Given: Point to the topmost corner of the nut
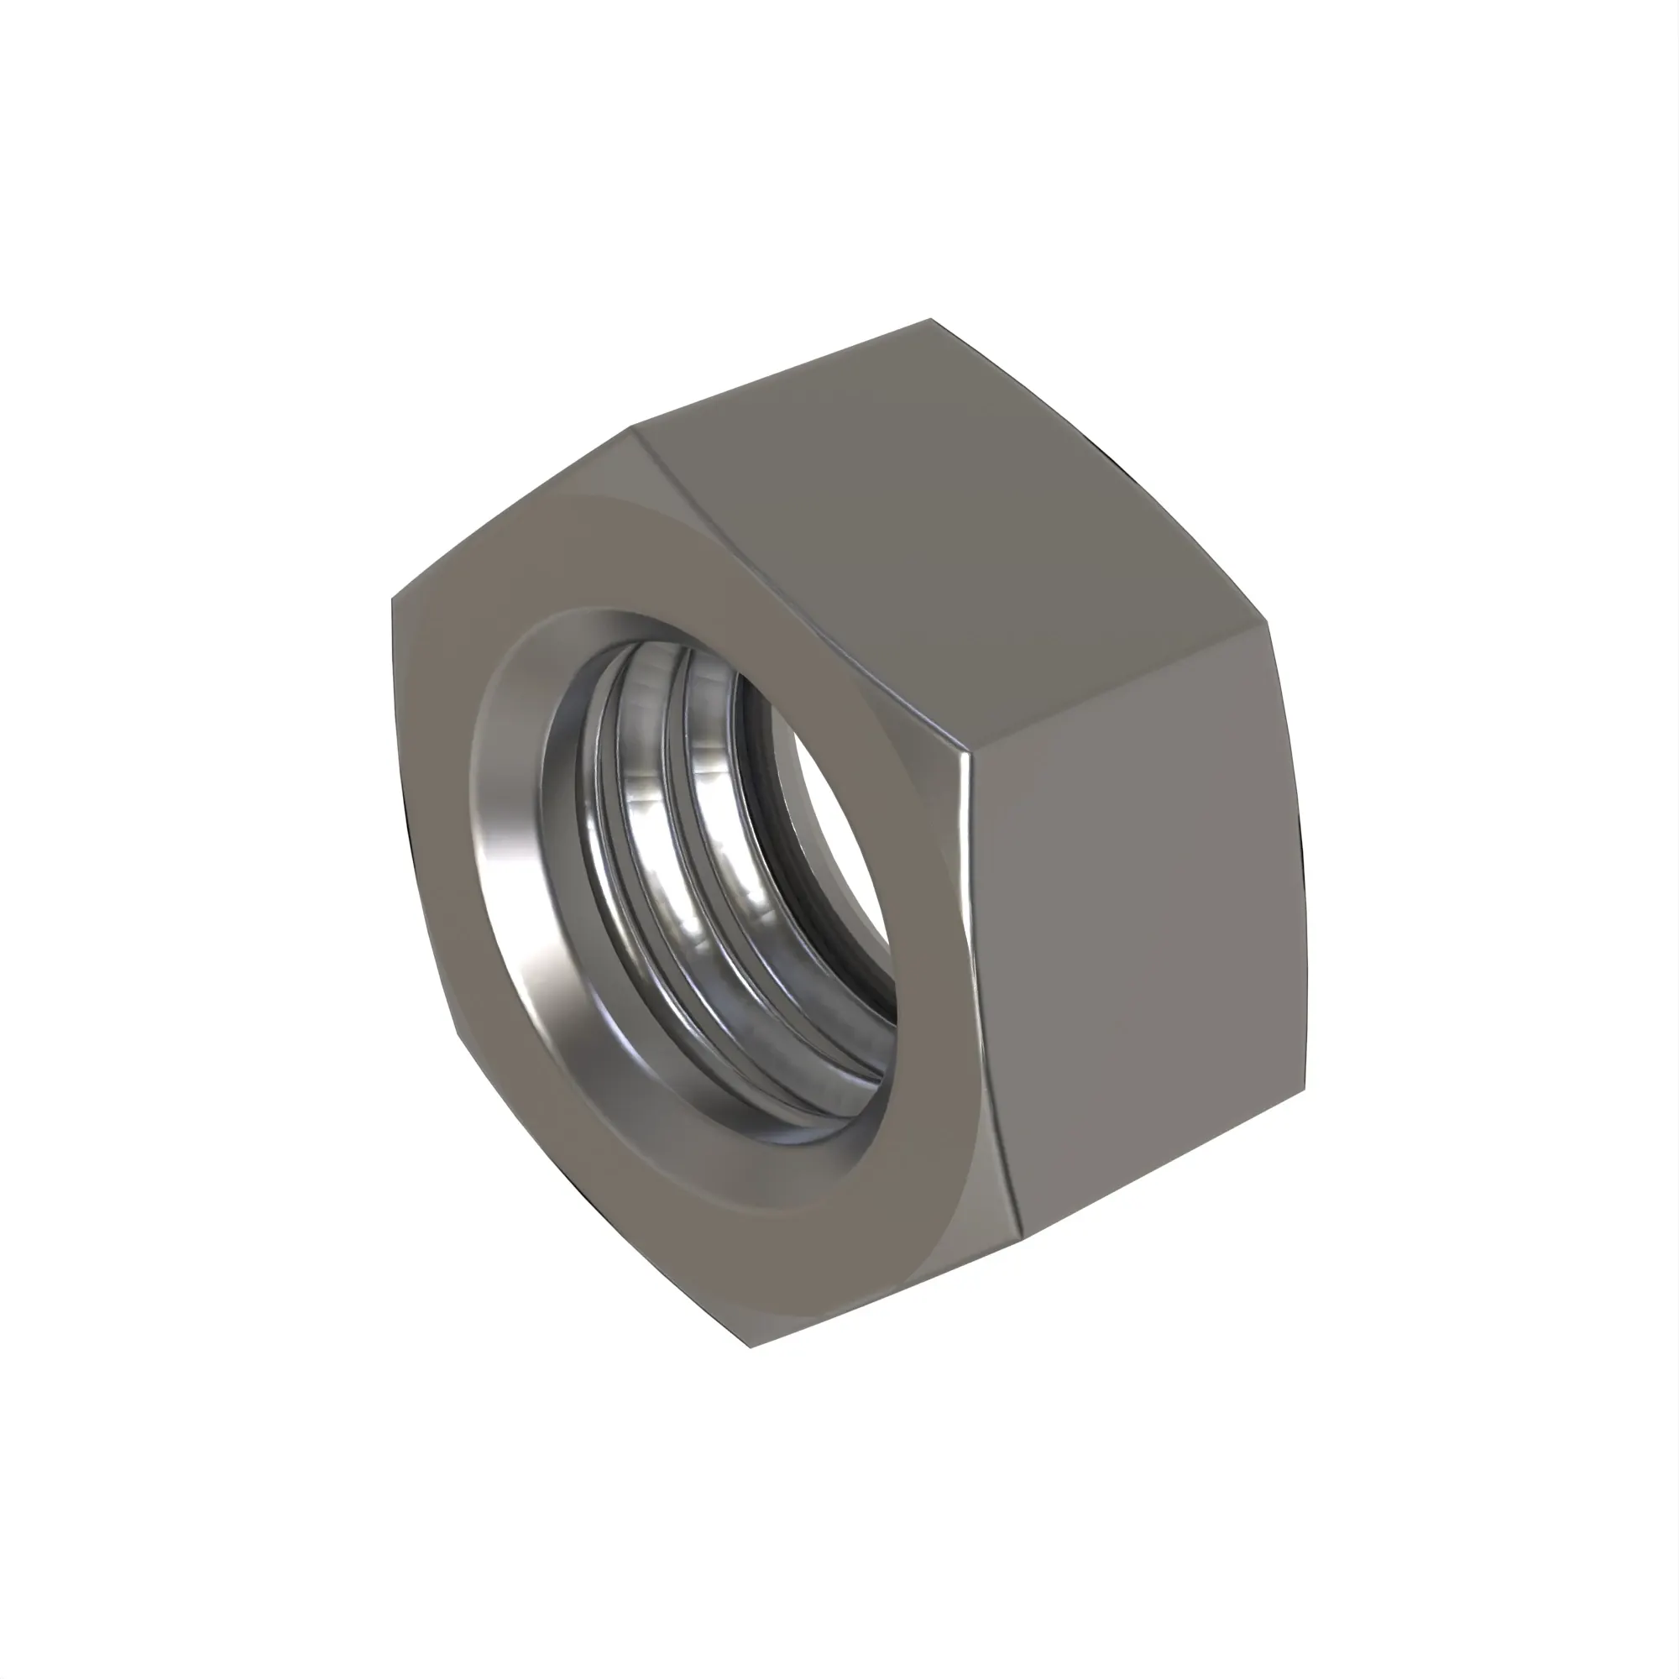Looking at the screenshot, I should (x=931, y=320).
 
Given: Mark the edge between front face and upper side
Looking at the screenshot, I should (x=799, y=591).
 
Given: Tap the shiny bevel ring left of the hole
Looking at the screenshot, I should (x=504, y=869).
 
